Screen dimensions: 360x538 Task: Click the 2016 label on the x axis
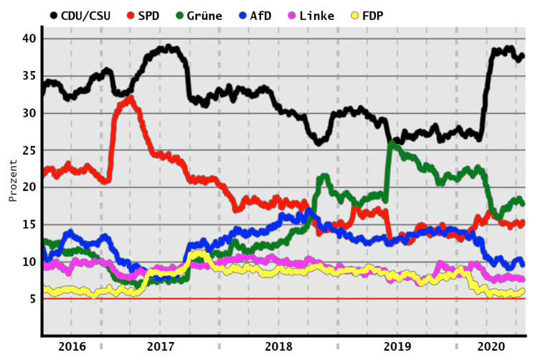tap(72, 346)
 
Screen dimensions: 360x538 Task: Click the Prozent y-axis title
tap(12, 181)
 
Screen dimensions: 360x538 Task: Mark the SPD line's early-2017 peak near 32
tap(130, 99)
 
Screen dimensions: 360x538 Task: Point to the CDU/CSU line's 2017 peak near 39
tap(168, 48)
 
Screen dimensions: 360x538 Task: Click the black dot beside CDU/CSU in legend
tap(54, 15)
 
